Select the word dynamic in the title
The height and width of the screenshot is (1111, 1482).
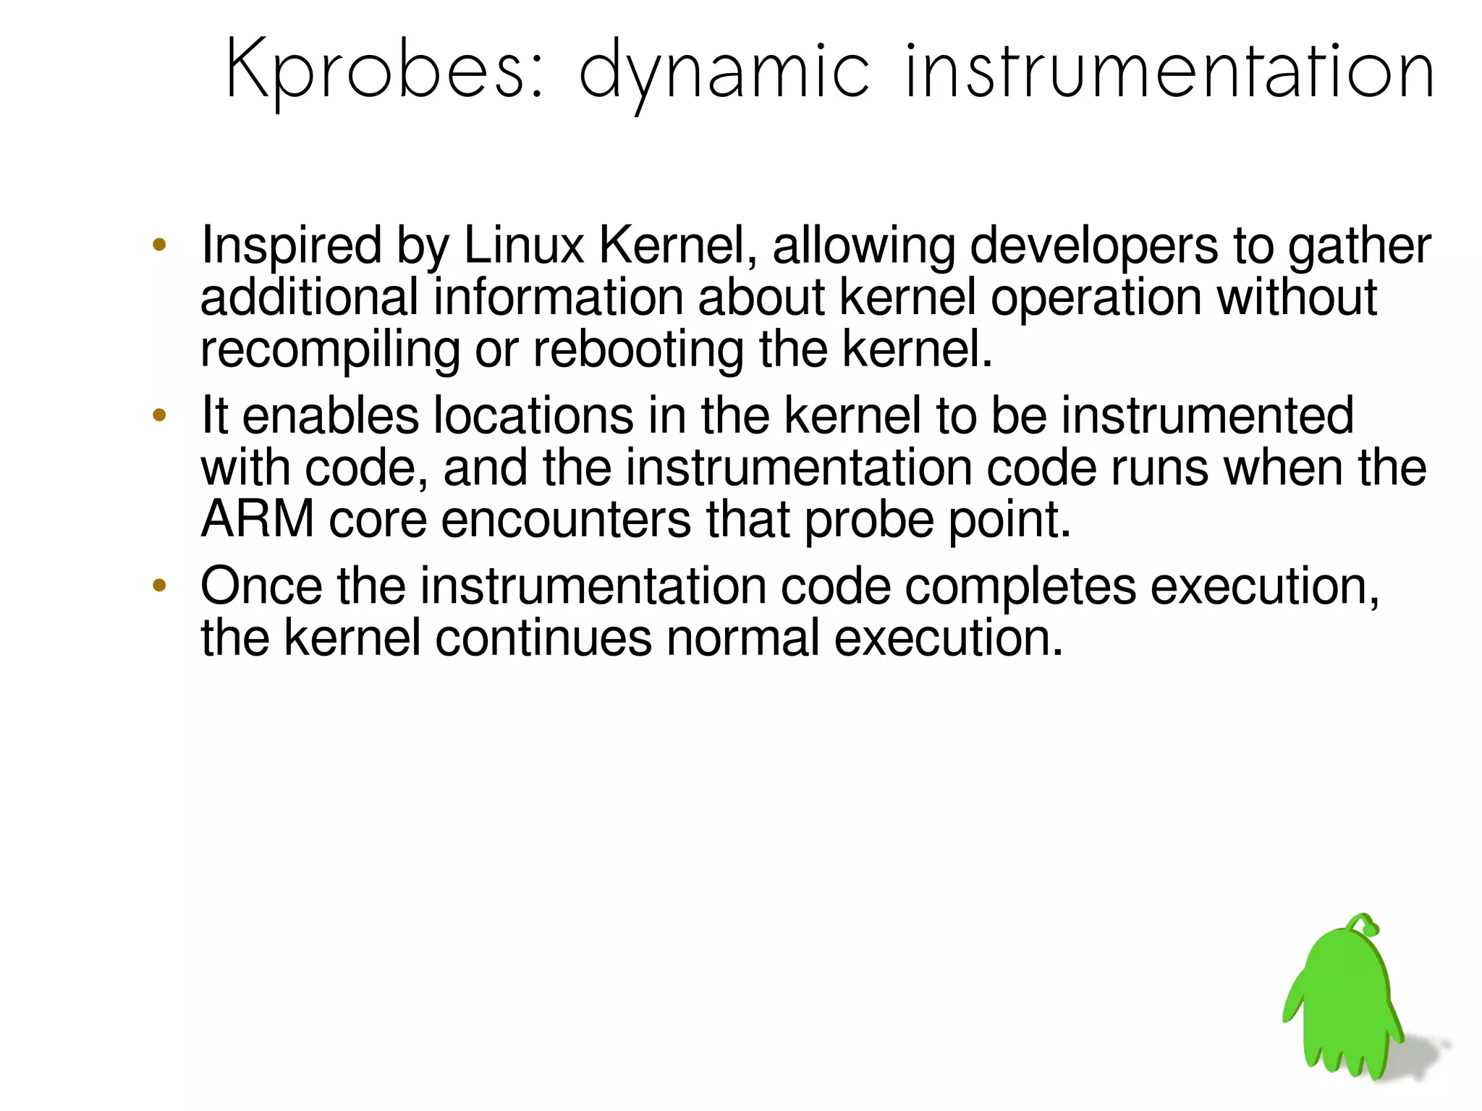(724, 72)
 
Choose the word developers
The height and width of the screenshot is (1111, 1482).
(1093, 246)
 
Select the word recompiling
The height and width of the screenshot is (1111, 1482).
(330, 350)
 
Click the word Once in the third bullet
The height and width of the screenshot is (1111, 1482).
(261, 586)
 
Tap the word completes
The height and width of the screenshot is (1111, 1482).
(1020, 587)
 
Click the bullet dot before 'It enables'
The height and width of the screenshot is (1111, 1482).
(160, 415)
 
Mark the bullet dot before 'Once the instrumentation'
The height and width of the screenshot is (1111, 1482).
(160, 585)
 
